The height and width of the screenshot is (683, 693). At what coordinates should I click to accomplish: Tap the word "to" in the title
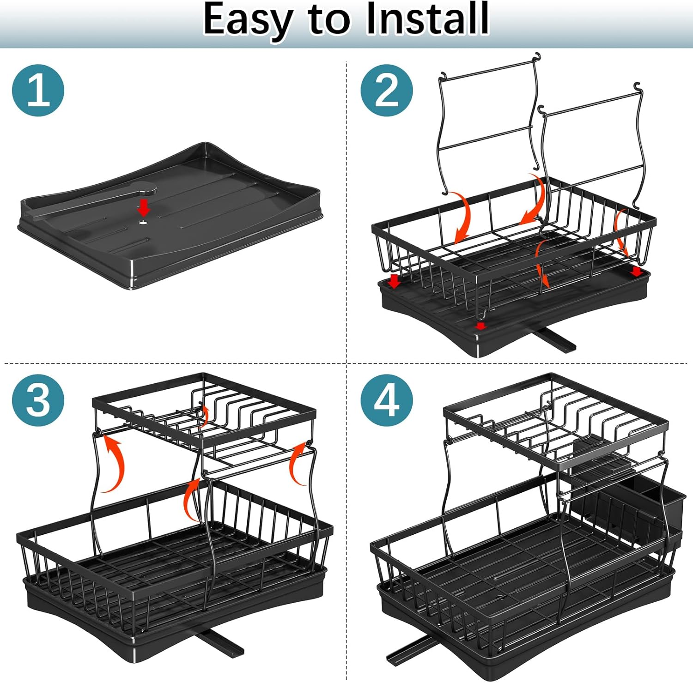coord(328,21)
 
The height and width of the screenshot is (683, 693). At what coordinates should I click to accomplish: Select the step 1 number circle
coord(38,91)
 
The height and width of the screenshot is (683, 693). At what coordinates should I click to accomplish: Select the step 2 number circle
coord(387,91)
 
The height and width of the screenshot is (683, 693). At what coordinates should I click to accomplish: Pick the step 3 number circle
coord(38,400)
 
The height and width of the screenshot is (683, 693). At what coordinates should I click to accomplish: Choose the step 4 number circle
coord(387,400)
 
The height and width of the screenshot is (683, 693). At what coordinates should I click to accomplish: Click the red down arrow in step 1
coord(144,207)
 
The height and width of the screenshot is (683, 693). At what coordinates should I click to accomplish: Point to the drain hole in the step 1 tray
coord(144,222)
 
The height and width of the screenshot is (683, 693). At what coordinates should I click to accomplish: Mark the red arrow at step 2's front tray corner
coord(481,326)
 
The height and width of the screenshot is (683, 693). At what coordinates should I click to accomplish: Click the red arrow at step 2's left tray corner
coord(394,281)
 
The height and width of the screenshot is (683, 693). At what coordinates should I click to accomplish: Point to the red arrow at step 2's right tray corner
coord(637,271)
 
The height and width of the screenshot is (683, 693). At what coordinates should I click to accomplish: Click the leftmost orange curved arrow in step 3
coord(115,464)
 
